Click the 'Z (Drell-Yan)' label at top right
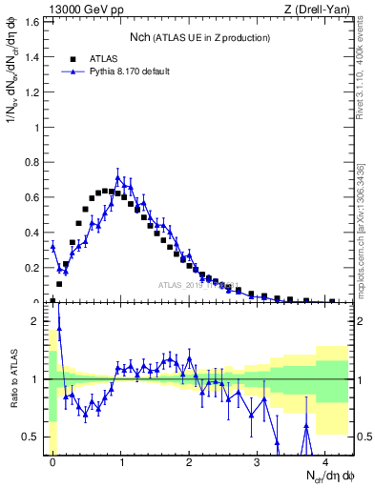click(323, 9)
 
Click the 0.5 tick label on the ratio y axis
click(33, 437)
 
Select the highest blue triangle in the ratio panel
click(59, 329)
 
